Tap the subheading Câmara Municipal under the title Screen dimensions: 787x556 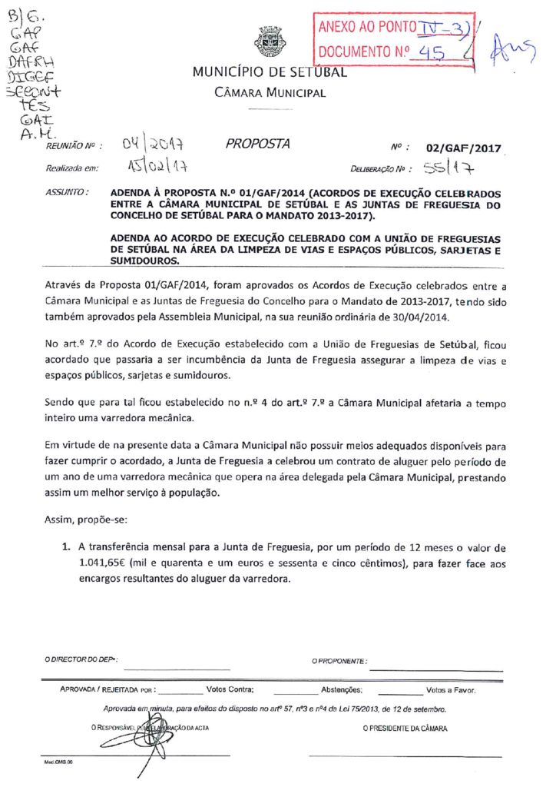270,93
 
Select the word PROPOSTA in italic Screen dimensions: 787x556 258,144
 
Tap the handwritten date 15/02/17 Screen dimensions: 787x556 157,167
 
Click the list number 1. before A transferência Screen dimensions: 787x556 66,547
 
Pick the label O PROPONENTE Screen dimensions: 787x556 339,661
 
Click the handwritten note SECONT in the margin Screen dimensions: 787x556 26,91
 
